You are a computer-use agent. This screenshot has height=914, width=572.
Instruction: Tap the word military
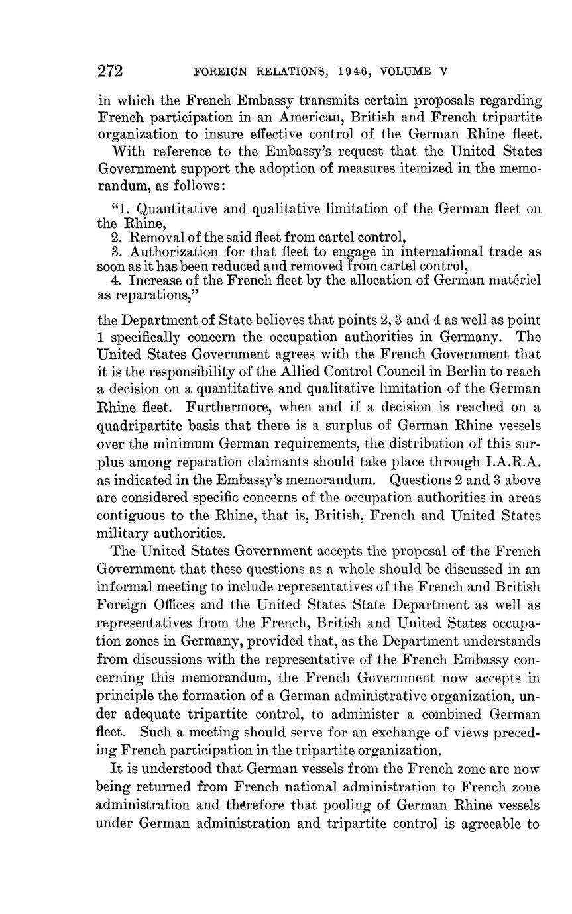[124, 533]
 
